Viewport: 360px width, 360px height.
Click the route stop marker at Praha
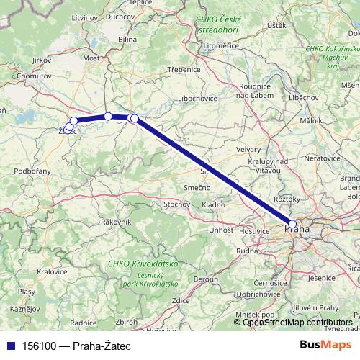292,224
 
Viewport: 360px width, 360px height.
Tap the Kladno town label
213,204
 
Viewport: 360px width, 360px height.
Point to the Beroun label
206,278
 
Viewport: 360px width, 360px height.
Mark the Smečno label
196,187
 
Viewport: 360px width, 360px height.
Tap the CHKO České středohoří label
220,27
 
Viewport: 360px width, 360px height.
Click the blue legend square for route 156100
8,345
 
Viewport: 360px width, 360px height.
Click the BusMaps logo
326,344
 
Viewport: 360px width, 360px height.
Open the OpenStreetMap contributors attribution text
297,323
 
